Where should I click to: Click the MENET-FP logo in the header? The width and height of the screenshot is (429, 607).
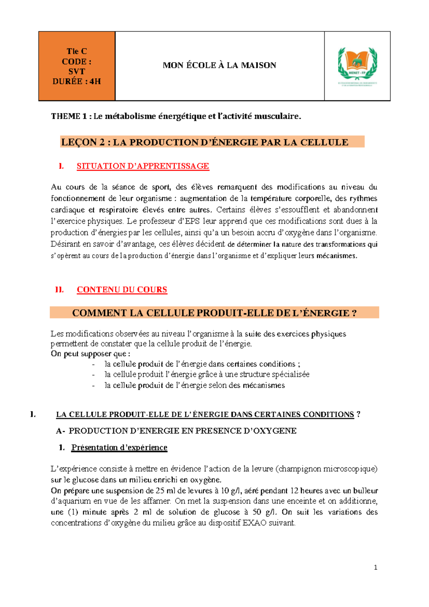(357, 64)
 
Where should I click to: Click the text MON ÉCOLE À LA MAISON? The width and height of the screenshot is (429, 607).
(219, 65)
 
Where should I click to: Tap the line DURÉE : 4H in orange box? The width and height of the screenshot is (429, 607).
(77, 81)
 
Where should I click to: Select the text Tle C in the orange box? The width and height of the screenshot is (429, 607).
(77, 51)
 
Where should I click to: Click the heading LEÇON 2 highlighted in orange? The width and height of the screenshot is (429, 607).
(204, 142)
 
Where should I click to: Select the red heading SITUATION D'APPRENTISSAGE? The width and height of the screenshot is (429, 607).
(143, 166)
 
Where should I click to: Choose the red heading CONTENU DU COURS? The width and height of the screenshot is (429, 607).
(122, 290)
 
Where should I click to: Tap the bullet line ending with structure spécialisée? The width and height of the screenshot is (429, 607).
(207, 374)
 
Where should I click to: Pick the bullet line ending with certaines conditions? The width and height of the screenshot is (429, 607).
(202, 364)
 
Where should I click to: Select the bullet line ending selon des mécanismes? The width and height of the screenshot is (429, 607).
(194, 385)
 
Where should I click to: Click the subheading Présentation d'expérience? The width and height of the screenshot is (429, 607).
(119, 447)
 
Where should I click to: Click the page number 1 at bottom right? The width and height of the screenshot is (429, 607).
(375, 567)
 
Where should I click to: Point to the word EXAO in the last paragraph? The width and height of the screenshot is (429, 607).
(254, 523)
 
